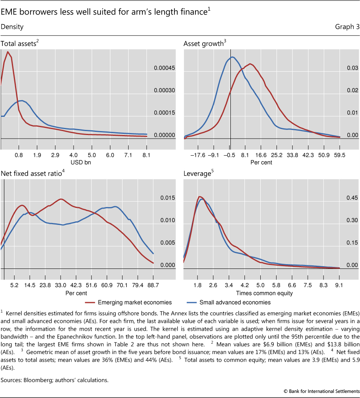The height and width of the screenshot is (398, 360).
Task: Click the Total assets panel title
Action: point(19,44)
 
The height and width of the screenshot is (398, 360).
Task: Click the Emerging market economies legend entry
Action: point(135,302)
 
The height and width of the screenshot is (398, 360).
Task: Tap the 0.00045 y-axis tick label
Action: point(164,68)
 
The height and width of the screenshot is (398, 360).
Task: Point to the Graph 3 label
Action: point(347,27)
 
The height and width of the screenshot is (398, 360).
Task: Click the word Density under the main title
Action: point(12,27)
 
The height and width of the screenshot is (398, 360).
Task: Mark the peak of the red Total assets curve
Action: point(8,52)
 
